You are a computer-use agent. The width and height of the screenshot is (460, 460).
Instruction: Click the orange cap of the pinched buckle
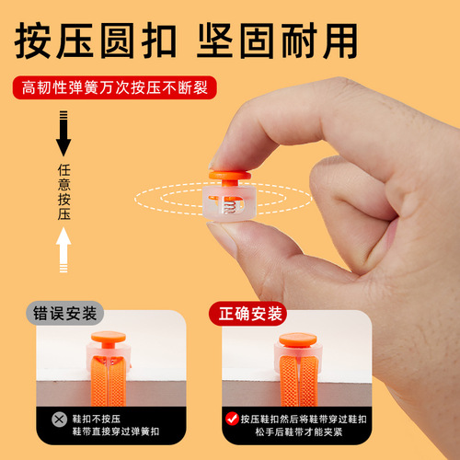[234, 176]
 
